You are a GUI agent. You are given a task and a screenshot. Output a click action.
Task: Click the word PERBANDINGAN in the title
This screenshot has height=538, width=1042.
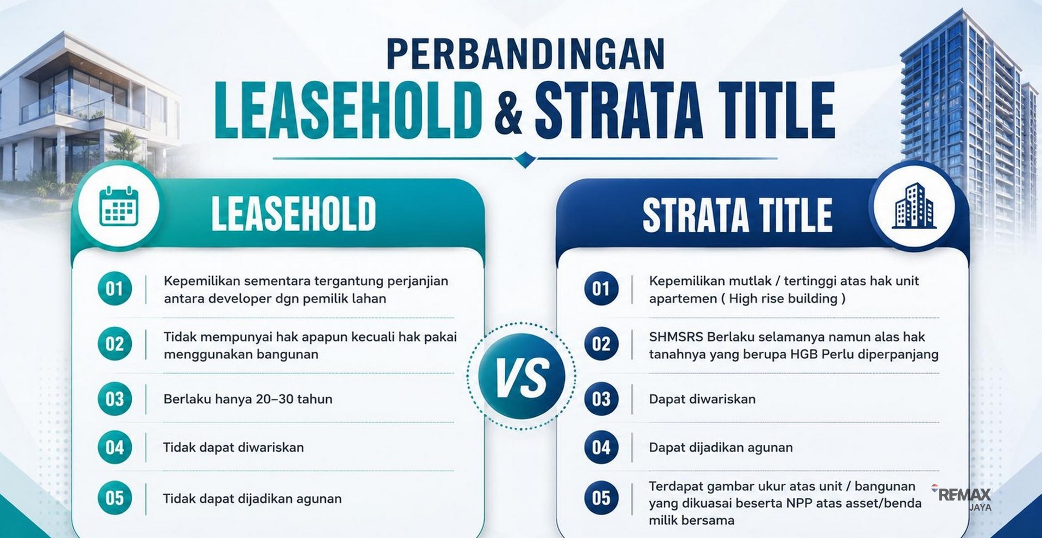525,54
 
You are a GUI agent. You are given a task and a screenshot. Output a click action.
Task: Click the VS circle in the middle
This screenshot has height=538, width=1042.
522,376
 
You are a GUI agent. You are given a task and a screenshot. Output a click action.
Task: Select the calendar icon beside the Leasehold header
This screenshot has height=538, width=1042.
119,207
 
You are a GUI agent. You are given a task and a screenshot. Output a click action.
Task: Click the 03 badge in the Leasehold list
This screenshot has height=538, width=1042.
115,399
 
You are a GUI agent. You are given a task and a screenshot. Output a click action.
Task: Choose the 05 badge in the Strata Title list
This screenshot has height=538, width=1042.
601,498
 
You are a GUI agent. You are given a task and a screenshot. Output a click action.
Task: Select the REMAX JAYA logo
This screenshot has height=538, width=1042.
962,498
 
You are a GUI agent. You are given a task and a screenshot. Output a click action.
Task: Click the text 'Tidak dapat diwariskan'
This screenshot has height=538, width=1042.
233,447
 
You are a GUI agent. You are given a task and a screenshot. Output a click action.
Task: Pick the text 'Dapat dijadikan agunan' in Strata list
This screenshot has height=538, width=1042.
721,447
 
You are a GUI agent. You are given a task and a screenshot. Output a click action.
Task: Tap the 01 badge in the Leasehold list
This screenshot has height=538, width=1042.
115,288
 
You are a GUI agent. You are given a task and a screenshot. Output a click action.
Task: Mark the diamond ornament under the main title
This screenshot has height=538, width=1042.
525,160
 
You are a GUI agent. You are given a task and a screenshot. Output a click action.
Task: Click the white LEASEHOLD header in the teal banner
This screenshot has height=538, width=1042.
293,214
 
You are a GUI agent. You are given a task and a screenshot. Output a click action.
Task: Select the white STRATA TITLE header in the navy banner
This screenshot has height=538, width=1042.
737,215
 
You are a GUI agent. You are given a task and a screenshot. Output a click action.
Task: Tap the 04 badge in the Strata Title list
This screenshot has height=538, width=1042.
601,447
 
